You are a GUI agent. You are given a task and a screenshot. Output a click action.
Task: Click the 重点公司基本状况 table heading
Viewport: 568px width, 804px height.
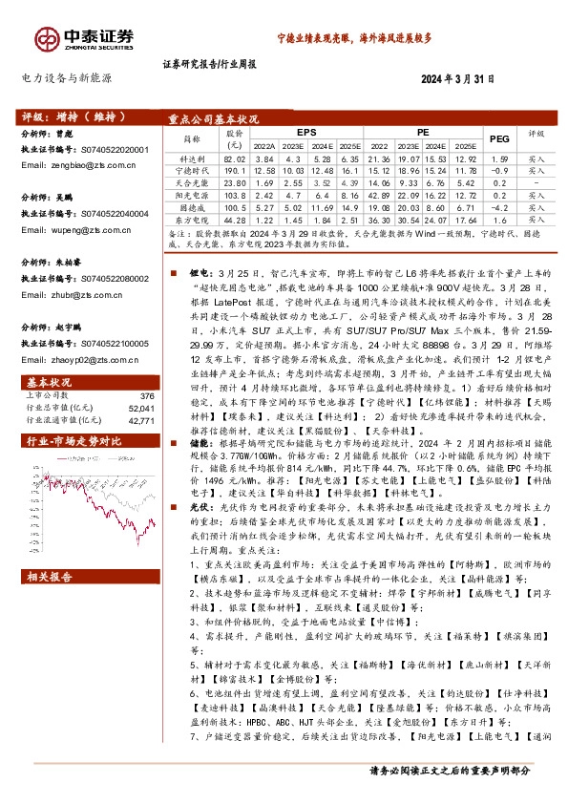(x=214, y=119)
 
